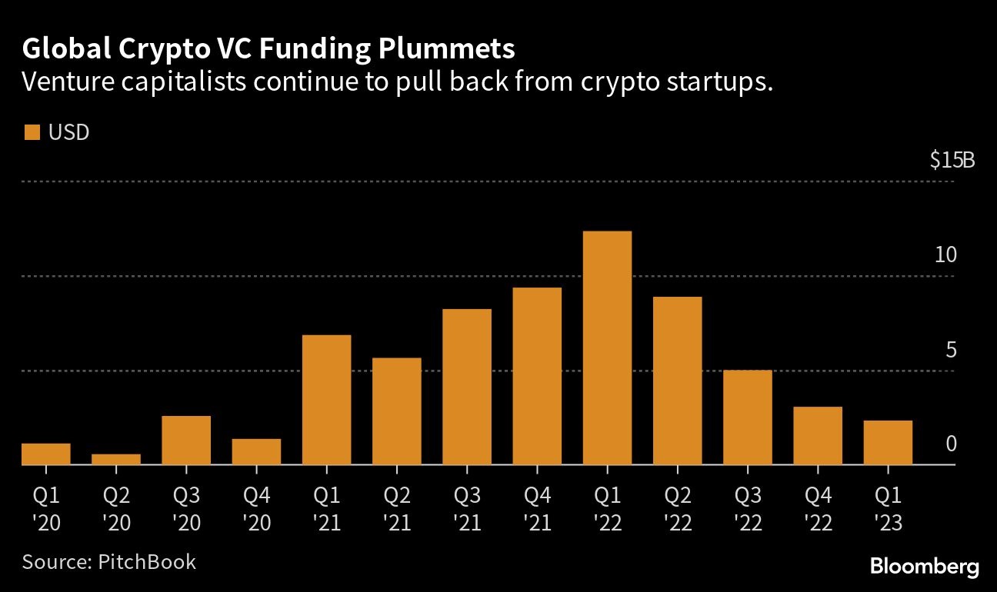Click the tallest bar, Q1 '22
tap(607, 348)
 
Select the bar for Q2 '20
tap(116, 459)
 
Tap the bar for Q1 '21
tap(326, 400)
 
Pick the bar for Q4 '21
tap(537, 376)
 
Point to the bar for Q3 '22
tap(747, 417)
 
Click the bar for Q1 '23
tap(888, 443)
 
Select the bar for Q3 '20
tap(186, 440)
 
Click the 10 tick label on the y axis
tap(945, 255)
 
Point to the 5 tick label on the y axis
tap(951, 351)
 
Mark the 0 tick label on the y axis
tap(951, 444)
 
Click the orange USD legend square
tap(32, 133)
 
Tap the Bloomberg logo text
tap(925, 567)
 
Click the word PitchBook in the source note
tap(147, 561)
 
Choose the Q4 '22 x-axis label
tap(817, 508)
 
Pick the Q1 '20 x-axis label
tap(46, 508)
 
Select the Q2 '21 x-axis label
tap(396, 508)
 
